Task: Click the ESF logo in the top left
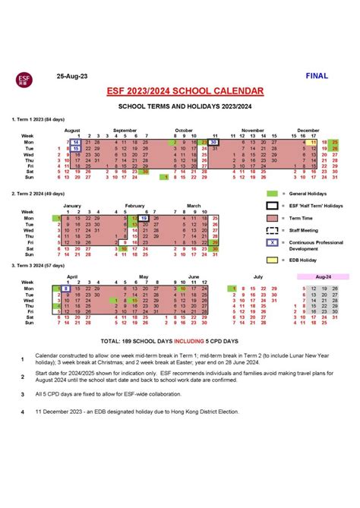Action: tap(23, 77)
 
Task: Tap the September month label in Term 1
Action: tap(125, 130)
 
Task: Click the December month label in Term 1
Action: tap(308, 130)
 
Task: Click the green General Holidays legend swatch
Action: tap(271, 194)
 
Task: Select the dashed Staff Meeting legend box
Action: tap(271, 230)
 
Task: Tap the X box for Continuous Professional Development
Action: tap(271, 243)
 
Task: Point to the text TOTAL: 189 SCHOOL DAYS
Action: tap(152, 341)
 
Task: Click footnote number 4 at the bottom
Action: tap(22, 412)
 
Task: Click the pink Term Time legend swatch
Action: tap(271, 217)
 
